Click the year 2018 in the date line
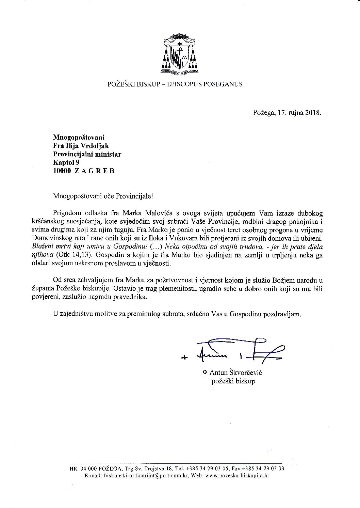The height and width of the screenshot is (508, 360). click(x=313, y=113)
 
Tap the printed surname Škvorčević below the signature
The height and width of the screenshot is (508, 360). click(x=246, y=373)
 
